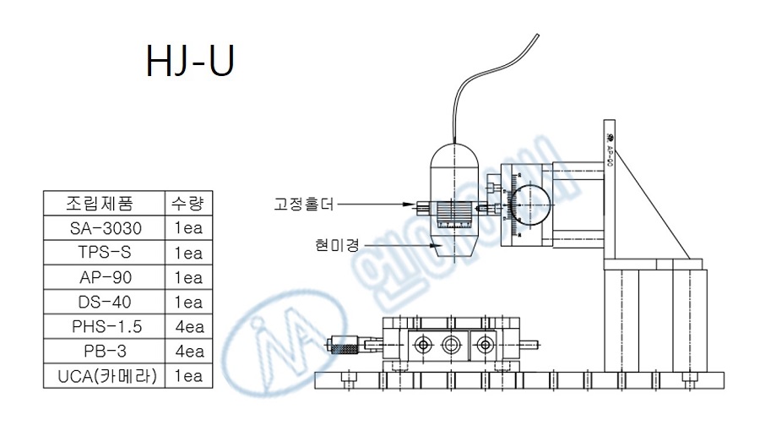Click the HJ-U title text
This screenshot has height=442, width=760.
coord(189,62)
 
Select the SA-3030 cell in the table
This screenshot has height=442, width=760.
coord(102,228)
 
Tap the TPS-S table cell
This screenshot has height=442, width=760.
coord(102,253)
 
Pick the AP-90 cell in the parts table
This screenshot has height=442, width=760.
coord(102,277)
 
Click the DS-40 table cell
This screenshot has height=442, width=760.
coord(102,302)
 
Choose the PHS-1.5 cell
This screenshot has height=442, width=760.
coord(102,326)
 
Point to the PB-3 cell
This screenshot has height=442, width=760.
coord(102,351)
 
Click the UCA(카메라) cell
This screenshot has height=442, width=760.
coord(102,375)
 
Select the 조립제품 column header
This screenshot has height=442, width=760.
coord(102,204)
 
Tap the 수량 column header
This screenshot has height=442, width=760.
coord(187,204)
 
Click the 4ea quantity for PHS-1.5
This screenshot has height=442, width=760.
coord(187,326)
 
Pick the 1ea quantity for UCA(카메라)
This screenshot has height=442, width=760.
coord(187,375)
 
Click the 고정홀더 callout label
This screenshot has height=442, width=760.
coord(304,204)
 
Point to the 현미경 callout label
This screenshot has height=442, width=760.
coord(337,245)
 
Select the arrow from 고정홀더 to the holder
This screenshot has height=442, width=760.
coord(380,204)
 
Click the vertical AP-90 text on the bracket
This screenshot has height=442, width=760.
coord(610,152)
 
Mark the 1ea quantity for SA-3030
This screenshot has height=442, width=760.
coord(187,228)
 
